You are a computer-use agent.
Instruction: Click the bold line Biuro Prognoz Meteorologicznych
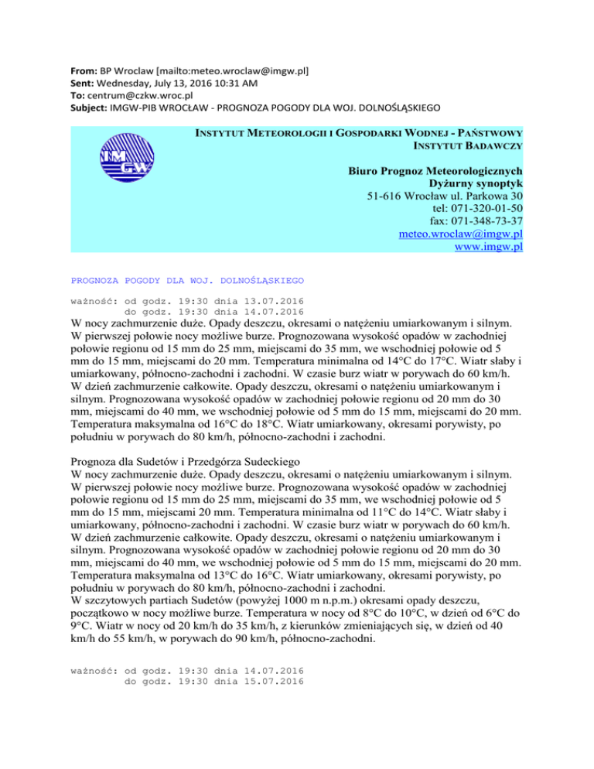click(x=435, y=171)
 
